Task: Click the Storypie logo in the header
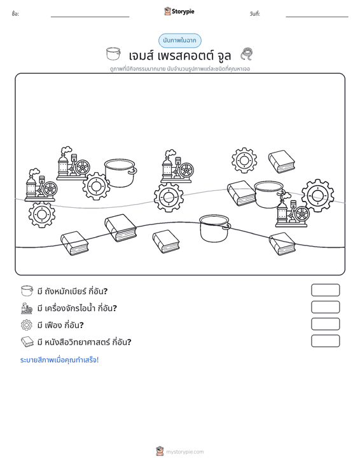pos(179,11)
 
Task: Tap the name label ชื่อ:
pos(15,14)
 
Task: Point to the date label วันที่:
pos(255,14)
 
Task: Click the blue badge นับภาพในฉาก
pos(179,41)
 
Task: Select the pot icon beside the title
pos(114,54)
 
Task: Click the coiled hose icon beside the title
pos(246,54)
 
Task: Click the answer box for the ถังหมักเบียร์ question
pos(325,290)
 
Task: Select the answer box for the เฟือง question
pos(325,324)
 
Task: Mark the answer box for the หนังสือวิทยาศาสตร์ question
pos(325,341)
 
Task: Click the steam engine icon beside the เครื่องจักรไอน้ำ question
pos(27,308)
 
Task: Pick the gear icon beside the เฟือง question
pos(27,325)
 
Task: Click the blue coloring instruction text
pos(59,360)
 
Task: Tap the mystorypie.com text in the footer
pos(184,452)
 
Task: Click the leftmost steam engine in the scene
pos(41,185)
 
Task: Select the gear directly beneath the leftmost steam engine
pos(42,214)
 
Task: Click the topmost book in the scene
pos(282,161)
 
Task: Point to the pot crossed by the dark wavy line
pos(215,228)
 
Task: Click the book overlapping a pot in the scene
pos(241,193)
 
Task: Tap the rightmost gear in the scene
pos(317,195)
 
